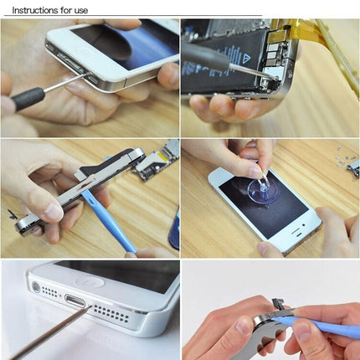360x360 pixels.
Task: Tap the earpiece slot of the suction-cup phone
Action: point(224,179)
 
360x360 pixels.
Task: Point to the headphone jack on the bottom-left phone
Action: point(36,286)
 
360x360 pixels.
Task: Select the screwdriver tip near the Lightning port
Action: point(87,309)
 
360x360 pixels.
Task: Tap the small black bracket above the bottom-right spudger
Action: point(276,301)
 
